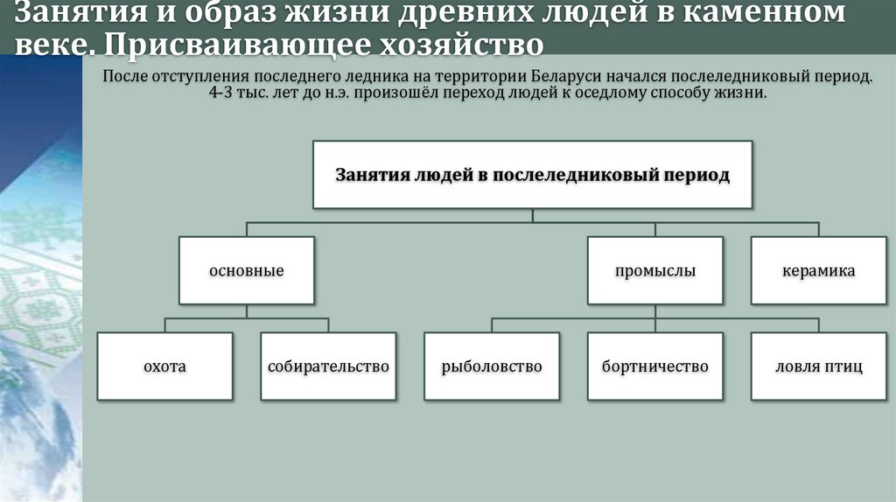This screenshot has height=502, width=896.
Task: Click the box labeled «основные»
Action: pyautogui.click(x=246, y=270)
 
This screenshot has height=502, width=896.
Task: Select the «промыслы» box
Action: pyautogui.click(x=655, y=270)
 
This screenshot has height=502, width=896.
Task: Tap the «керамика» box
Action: pyautogui.click(x=818, y=270)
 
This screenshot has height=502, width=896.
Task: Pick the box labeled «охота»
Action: pyautogui.click(x=164, y=366)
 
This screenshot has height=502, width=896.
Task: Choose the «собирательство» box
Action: pyautogui.click(x=328, y=366)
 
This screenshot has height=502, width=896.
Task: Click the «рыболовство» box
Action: pyautogui.click(x=492, y=366)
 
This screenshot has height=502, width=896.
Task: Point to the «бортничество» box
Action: pyautogui.click(x=655, y=366)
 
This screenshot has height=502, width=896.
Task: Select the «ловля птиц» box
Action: pyautogui.click(x=818, y=366)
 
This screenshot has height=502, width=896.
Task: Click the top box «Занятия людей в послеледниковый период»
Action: pyautogui.click(x=532, y=174)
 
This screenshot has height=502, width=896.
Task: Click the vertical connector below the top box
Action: pyautogui.click(x=532, y=215)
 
